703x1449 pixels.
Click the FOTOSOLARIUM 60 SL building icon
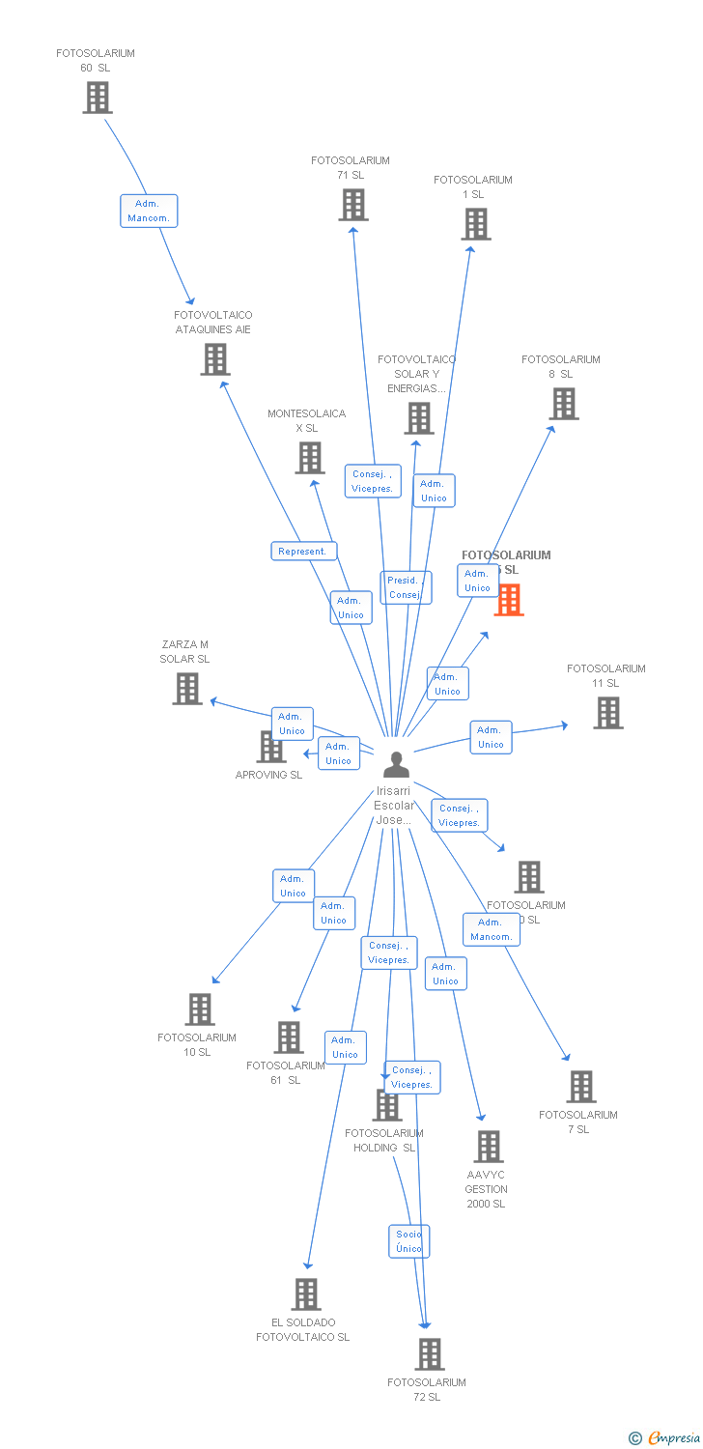click(x=97, y=98)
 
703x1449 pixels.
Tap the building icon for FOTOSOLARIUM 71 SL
click(x=353, y=205)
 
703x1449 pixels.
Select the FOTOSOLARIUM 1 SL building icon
click(x=475, y=224)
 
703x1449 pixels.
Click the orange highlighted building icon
click(x=509, y=600)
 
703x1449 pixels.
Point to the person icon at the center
click(x=396, y=764)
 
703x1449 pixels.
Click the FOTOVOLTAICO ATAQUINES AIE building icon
click(x=214, y=359)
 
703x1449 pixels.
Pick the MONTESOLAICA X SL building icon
click(x=309, y=458)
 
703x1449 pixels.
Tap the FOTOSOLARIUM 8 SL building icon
click(x=564, y=404)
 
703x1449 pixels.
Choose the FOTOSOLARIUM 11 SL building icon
click(x=607, y=713)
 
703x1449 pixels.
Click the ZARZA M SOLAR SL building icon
click(x=187, y=689)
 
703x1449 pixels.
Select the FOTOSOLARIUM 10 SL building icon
click(x=200, y=1009)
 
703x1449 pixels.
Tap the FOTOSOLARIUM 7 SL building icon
click(x=580, y=1087)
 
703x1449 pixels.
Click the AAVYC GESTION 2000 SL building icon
click(x=489, y=1147)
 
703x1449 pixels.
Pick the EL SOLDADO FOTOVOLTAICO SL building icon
click(x=305, y=1294)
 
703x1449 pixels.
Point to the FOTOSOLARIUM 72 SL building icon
click(x=430, y=1354)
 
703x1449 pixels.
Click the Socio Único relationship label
click(x=408, y=1241)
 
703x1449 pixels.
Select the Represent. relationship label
click(x=303, y=552)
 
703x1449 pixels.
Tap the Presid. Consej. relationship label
click(x=404, y=587)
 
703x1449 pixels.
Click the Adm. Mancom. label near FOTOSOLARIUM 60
click(x=149, y=211)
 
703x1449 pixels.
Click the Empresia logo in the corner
click(x=667, y=1438)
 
